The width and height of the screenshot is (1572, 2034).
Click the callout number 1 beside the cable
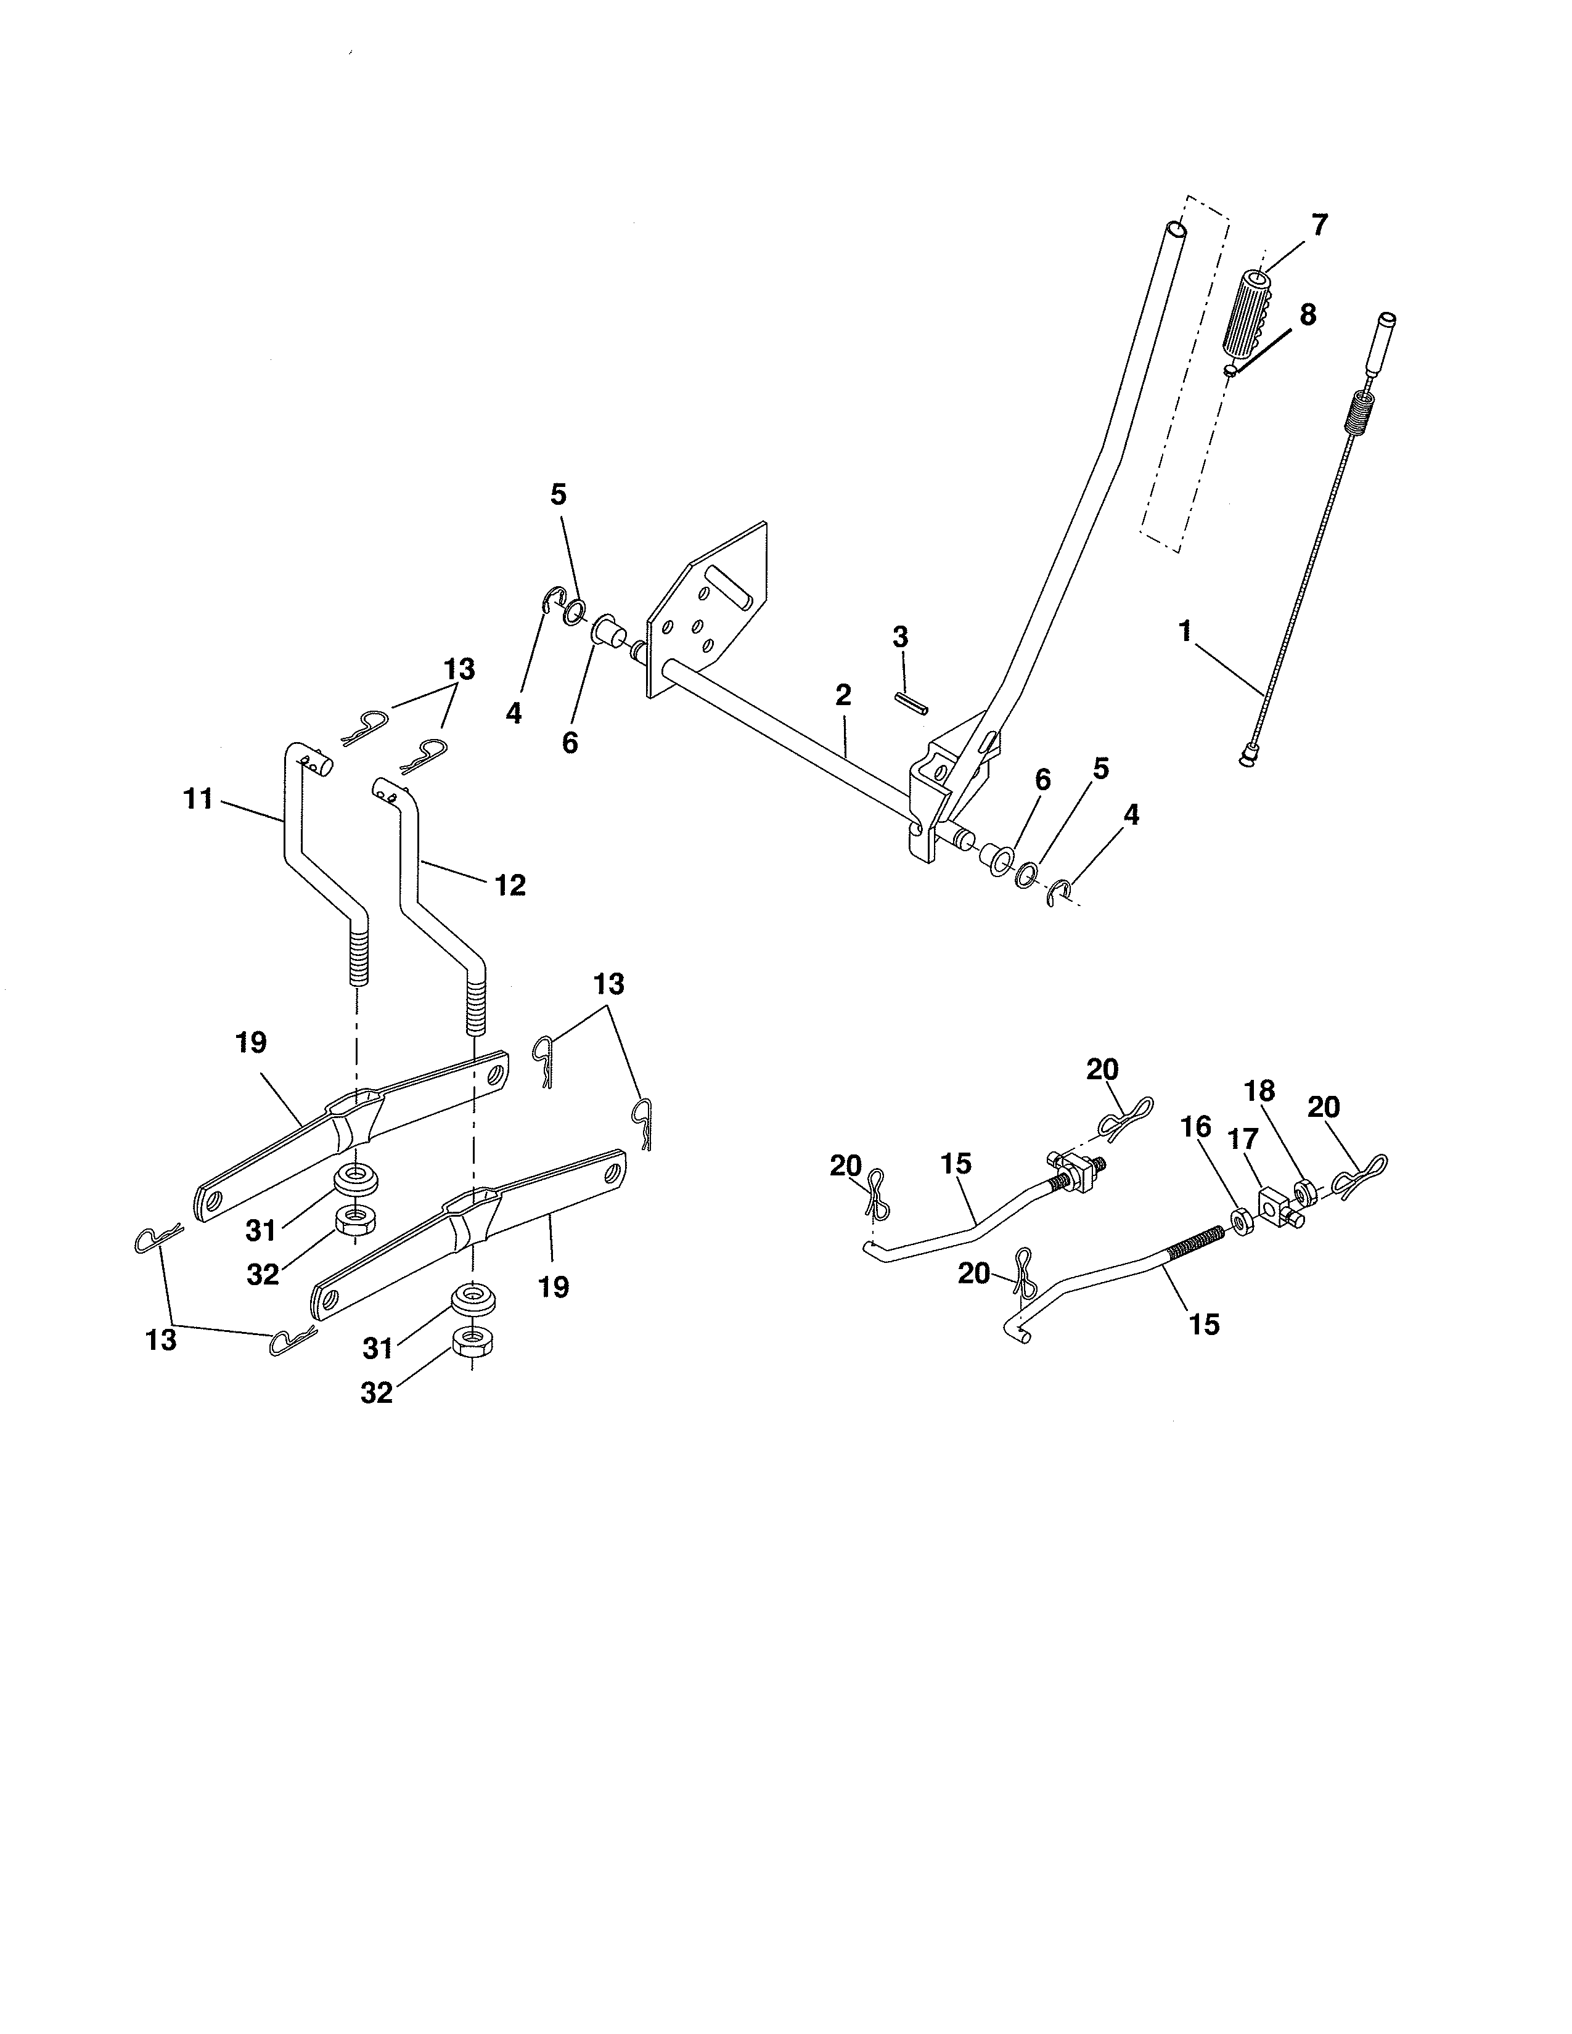1185,631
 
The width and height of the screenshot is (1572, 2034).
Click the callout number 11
199,799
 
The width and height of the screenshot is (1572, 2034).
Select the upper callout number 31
261,1230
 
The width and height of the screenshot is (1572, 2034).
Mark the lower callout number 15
1204,1325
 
